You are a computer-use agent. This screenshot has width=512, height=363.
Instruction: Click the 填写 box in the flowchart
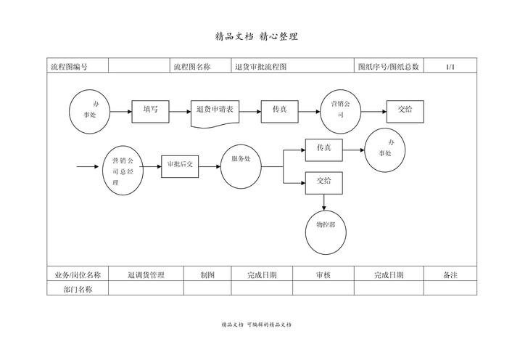click(150, 111)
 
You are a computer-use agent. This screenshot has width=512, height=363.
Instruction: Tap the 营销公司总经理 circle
click(122, 172)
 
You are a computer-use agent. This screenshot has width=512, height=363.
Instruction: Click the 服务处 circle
click(241, 168)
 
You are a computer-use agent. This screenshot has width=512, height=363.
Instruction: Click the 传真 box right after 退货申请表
click(280, 111)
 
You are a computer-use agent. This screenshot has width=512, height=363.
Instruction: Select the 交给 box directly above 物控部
click(323, 182)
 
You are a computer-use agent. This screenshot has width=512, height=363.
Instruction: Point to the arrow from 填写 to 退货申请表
click(179, 112)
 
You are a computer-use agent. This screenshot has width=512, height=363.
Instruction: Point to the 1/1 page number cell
click(450, 67)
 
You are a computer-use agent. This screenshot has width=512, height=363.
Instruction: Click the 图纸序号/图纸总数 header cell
click(389, 67)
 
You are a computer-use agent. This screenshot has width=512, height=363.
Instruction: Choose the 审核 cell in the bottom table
click(323, 275)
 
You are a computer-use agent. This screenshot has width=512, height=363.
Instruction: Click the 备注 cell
click(450, 275)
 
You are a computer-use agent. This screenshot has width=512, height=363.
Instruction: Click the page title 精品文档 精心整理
click(256, 36)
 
